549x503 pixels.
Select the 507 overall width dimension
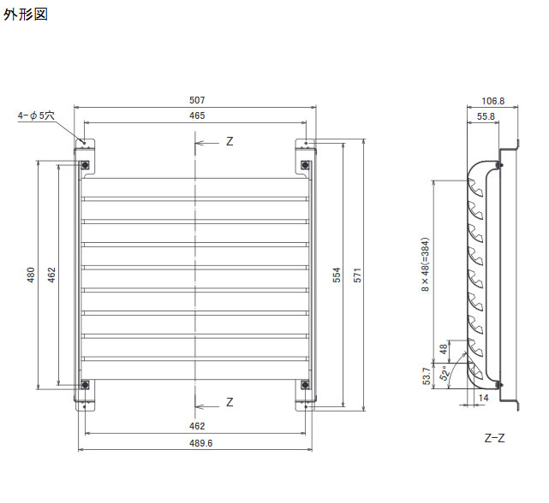pyautogui.click(x=198, y=100)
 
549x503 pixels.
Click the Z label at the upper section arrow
pyautogui.click(x=230, y=142)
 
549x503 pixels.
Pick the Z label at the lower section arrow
pyautogui.click(x=230, y=402)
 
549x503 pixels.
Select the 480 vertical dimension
pyautogui.click(x=31, y=275)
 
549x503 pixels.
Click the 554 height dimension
pyautogui.click(x=337, y=275)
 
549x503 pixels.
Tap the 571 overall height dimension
pyautogui.click(x=358, y=275)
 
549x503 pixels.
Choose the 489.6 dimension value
pyautogui.click(x=198, y=443)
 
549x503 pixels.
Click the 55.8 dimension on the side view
pyautogui.click(x=486, y=115)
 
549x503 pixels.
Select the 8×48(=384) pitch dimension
pyautogui.click(x=427, y=266)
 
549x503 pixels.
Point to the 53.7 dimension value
pyautogui.click(x=427, y=377)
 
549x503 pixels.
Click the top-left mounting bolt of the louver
pyautogui.click(x=86, y=164)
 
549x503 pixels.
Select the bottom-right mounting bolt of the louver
pyautogui.click(x=306, y=384)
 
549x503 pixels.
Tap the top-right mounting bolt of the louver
pyautogui.click(x=306, y=164)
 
